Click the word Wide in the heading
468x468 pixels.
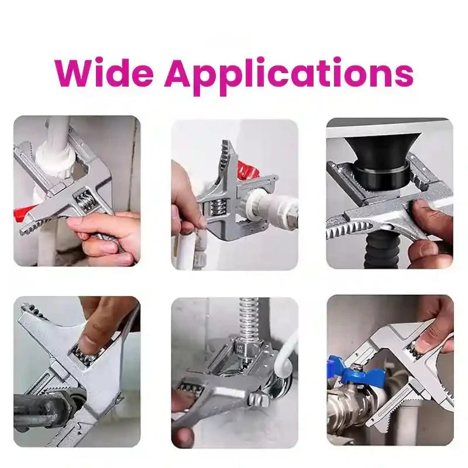click(x=104, y=73)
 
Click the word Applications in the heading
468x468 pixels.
click(x=288, y=76)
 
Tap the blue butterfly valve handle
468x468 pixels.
click(x=358, y=373)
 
